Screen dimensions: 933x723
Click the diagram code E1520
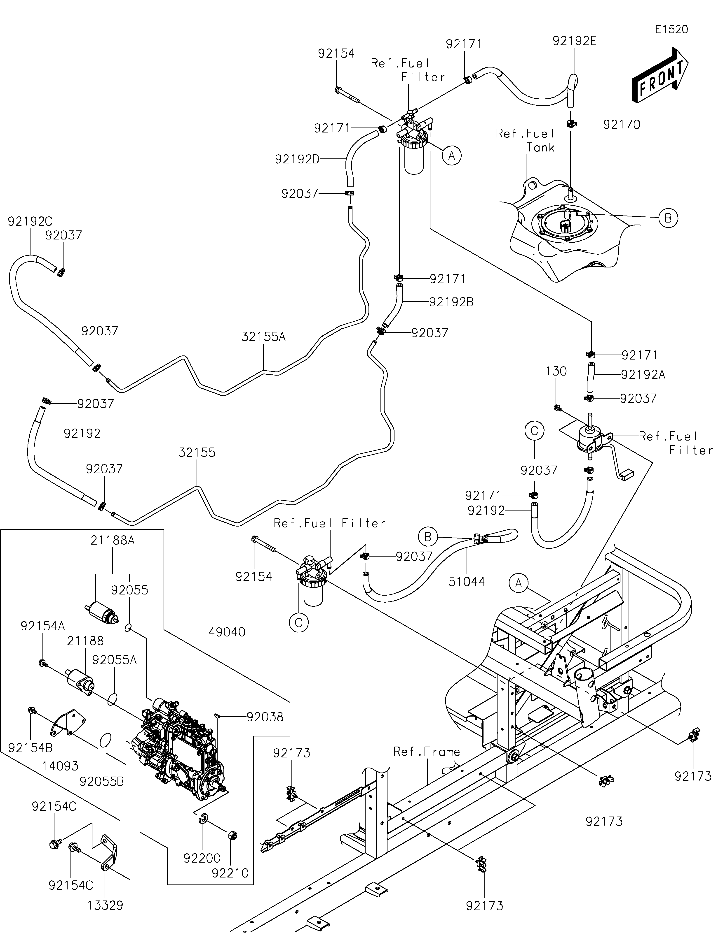671,30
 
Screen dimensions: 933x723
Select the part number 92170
622,125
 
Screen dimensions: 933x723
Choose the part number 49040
227,632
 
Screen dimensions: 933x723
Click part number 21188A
113,540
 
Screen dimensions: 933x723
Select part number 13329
105,905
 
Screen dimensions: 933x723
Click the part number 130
556,371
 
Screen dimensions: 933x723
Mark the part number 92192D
297,159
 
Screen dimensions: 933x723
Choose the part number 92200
202,858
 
